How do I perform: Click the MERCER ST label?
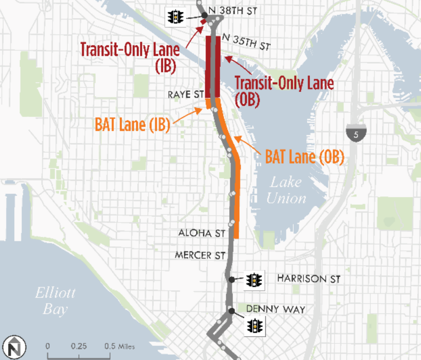coord(200,255)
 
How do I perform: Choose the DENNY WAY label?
coord(275,310)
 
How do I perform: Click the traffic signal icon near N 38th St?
coord(175,17)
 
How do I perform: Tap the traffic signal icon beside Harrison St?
coord(254,280)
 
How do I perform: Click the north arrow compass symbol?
coord(14,347)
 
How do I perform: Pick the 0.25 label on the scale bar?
coord(79,346)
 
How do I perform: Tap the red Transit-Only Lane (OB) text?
coord(284,90)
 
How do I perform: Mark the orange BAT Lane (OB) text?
coord(304,156)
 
